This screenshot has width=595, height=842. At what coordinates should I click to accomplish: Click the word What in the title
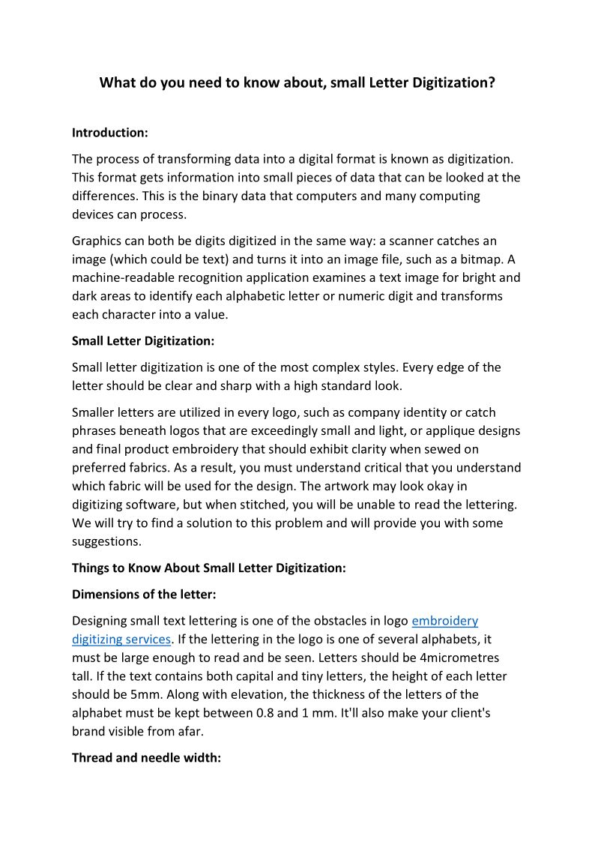(117, 82)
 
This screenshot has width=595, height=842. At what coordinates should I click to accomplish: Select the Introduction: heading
(110, 133)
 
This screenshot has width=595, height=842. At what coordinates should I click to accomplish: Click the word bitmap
(471, 259)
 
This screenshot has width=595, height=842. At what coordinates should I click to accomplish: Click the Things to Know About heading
(208, 568)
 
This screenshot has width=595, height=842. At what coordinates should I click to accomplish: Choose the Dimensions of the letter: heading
(144, 595)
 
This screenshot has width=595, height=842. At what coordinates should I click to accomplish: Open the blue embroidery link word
(444, 621)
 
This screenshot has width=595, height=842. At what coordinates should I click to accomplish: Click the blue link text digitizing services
(121, 640)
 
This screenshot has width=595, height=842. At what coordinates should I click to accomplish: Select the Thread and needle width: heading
(146, 758)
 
